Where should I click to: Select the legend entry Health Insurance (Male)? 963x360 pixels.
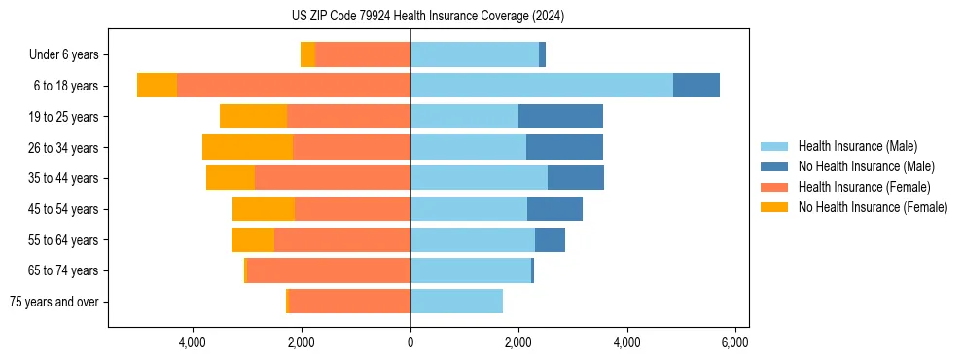tap(857, 146)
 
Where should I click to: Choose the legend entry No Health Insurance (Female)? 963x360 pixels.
tap(873, 207)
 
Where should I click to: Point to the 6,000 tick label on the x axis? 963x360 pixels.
tap(734, 342)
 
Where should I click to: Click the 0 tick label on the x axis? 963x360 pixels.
tap(410, 342)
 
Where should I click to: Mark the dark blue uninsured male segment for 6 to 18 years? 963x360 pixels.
tap(696, 86)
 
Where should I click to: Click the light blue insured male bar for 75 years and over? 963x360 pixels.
tap(456, 302)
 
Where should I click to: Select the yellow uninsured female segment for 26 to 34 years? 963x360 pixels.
tap(247, 147)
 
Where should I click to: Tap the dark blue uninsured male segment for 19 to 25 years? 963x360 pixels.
tap(560, 117)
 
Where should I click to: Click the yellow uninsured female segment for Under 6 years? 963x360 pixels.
tap(307, 55)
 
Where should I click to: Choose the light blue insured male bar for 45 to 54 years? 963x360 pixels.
tap(469, 209)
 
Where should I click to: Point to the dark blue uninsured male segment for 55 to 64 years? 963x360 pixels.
tap(550, 240)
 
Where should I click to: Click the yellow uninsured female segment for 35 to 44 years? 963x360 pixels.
tap(231, 178)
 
